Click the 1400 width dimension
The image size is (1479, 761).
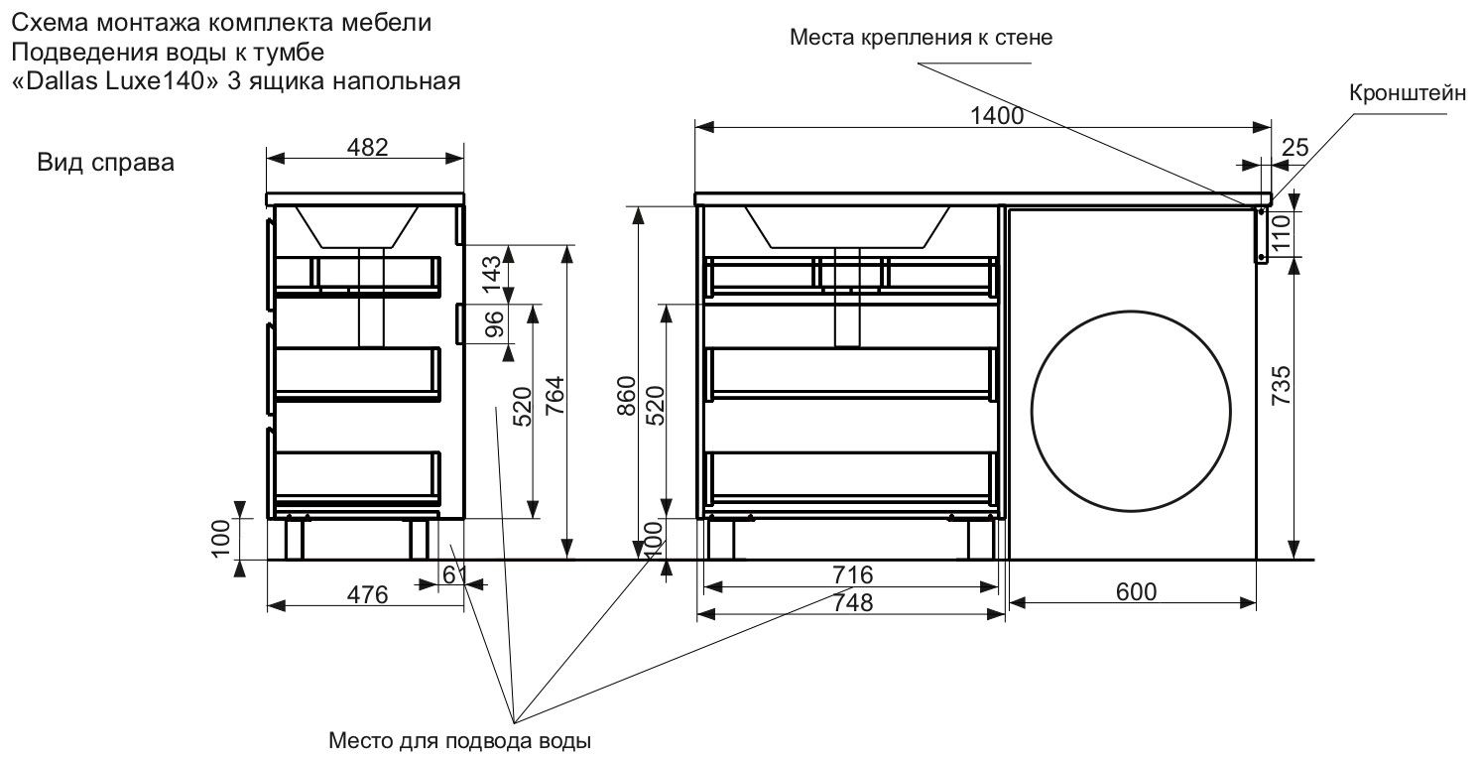pos(996,114)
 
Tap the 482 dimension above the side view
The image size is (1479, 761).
pos(366,146)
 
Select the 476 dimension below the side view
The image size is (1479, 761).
pos(367,594)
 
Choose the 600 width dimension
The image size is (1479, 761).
pos(1136,591)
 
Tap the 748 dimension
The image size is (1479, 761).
pos(852,602)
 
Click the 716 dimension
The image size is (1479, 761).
pos(852,574)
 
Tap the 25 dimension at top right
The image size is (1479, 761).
pos(1294,147)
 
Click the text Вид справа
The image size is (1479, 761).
pos(106,163)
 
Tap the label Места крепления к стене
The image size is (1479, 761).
pos(921,38)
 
